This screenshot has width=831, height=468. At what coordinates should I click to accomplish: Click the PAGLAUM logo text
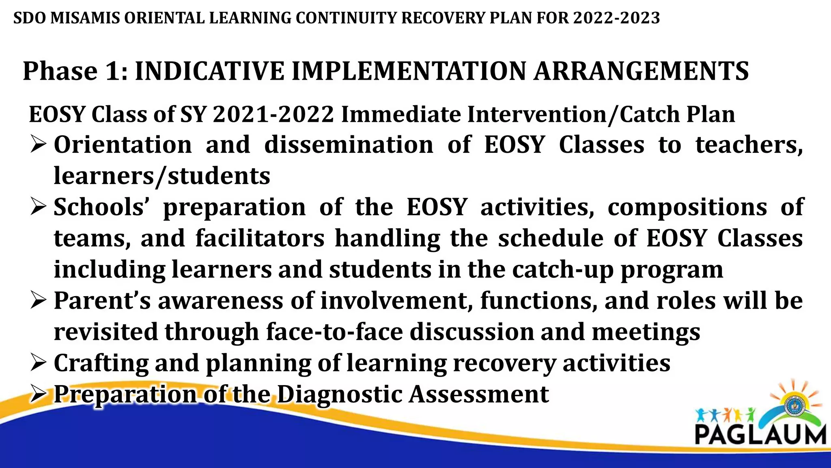pyautogui.click(x=760, y=435)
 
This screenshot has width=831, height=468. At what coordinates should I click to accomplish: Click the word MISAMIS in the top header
pyautogui.click(x=85, y=18)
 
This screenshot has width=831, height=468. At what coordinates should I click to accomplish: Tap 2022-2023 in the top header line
pyautogui.click(x=617, y=18)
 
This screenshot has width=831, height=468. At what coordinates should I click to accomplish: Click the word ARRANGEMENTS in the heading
pyautogui.click(x=641, y=71)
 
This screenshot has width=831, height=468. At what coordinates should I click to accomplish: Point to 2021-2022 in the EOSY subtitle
pyautogui.click(x=273, y=114)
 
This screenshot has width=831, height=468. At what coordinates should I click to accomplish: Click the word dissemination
pyautogui.click(x=349, y=145)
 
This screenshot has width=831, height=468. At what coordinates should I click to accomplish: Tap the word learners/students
pyautogui.click(x=162, y=176)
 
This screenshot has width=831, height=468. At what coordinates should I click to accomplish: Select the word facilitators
pyautogui.click(x=260, y=238)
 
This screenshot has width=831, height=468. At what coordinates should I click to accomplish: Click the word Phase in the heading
pyautogui.click(x=60, y=71)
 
